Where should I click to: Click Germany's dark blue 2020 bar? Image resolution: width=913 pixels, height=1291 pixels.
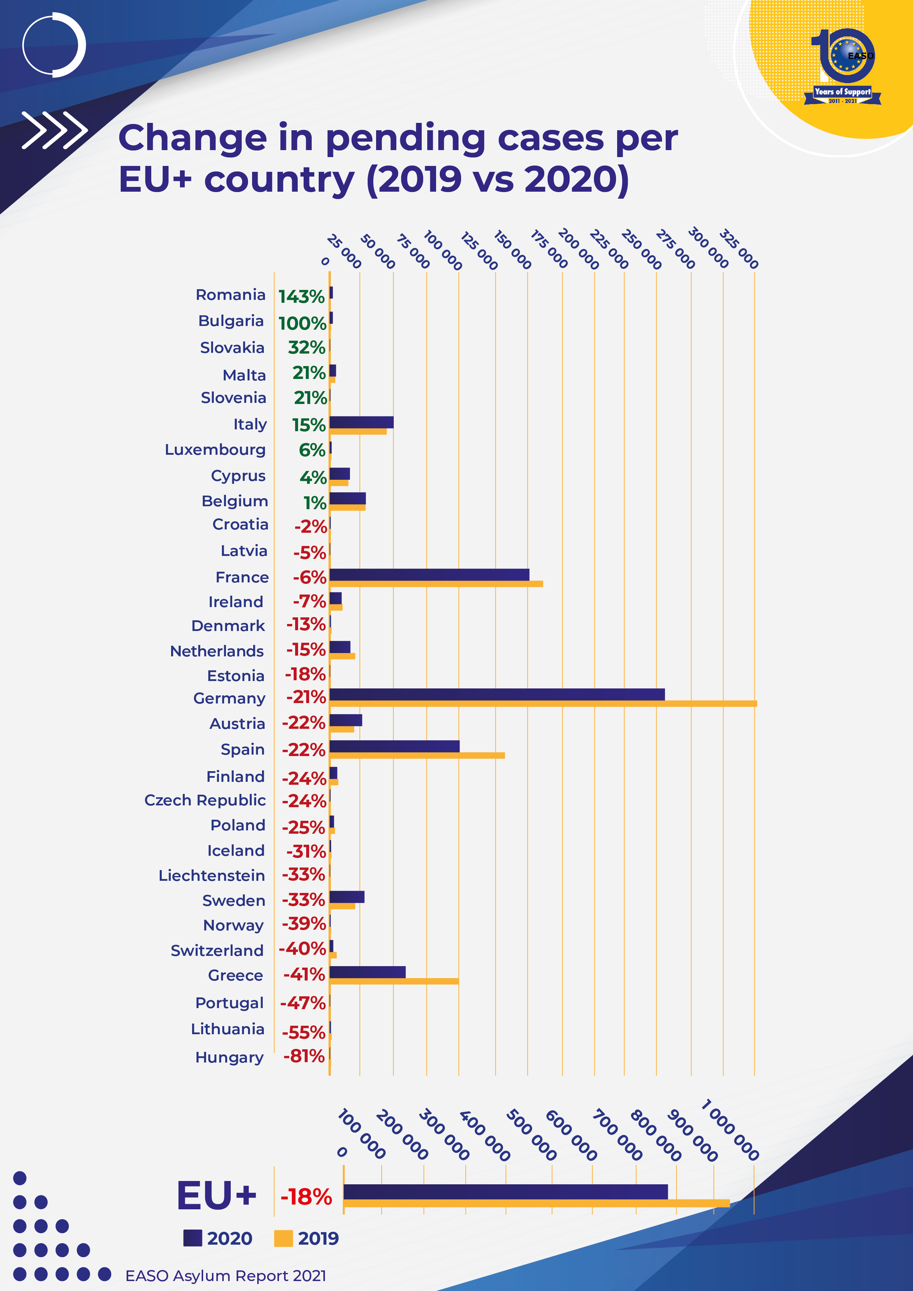tap(497, 694)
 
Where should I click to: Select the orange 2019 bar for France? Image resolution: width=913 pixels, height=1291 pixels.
tap(436, 584)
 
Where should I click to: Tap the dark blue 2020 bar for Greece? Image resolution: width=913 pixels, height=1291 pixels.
tap(367, 972)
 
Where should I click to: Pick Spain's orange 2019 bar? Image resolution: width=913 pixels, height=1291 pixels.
tap(417, 755)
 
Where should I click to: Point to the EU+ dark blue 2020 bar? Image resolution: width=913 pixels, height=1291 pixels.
tap(505, 1191)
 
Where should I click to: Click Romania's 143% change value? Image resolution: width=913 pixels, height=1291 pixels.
tap(301, 296)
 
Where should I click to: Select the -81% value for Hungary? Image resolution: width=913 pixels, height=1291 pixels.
tap(304, 1056)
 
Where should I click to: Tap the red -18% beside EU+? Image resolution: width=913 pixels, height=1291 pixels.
tap(306, 1196)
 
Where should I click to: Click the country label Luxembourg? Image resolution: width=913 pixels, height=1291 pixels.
tap(215, 450)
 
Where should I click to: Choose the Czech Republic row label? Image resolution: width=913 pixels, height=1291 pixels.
tap(205, 800)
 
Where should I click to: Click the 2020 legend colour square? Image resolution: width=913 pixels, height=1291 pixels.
tap(192, 1238)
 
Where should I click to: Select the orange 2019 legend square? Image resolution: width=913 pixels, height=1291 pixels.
tap(283, 1238)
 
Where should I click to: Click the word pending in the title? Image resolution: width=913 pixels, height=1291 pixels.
tap(405, 138)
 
